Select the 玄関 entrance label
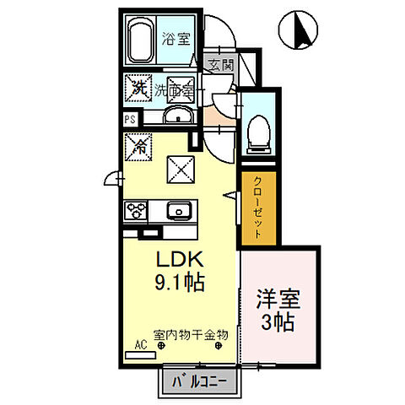point(220,63)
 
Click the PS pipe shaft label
point(130,119)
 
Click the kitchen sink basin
point(177,210)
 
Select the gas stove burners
point(137,210)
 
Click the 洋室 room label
point(278,299)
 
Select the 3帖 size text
point(278,321)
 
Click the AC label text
point(140,345)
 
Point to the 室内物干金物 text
point(191,335)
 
